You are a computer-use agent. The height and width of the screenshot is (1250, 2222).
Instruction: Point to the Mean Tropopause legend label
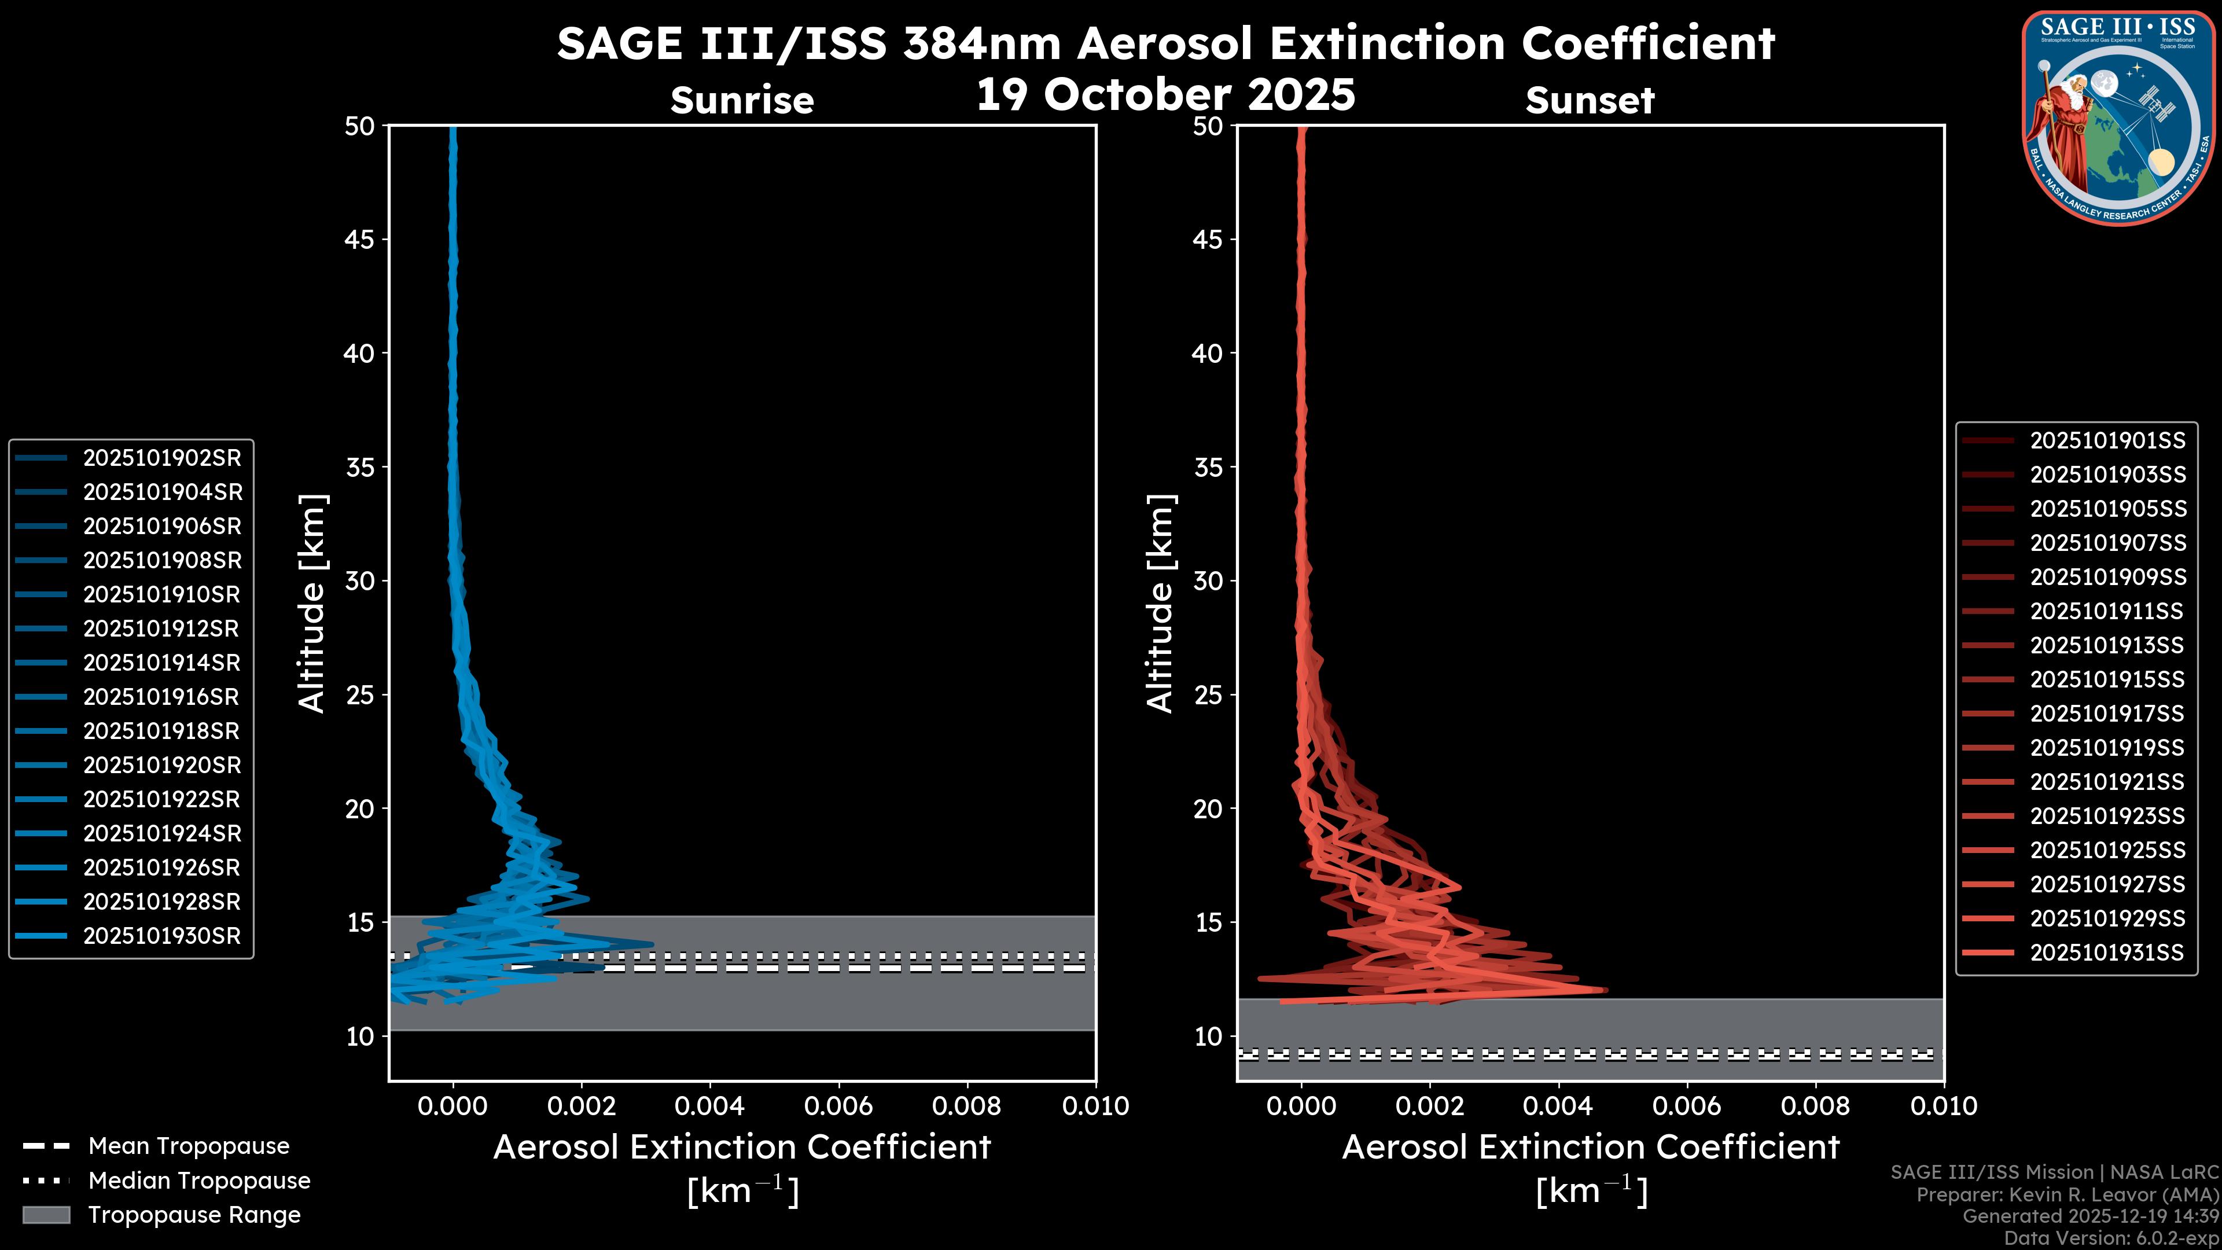[x=189, y=1146]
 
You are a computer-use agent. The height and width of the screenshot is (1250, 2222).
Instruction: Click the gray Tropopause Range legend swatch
[x=46, y=1215]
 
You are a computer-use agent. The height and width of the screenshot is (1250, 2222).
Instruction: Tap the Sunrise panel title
[x=742, y=101]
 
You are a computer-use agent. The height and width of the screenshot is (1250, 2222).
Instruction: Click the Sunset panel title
[x=1590, y=101]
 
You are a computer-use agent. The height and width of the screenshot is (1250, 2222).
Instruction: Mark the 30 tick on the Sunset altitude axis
[x=1208, y=582]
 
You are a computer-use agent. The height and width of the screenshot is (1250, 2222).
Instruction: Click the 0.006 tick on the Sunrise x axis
[x=838, y=1106]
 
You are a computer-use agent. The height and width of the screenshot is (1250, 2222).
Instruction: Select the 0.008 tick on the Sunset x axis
[x=1816, y=1106]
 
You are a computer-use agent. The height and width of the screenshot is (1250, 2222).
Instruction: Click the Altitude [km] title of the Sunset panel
[x=1161, y=604]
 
